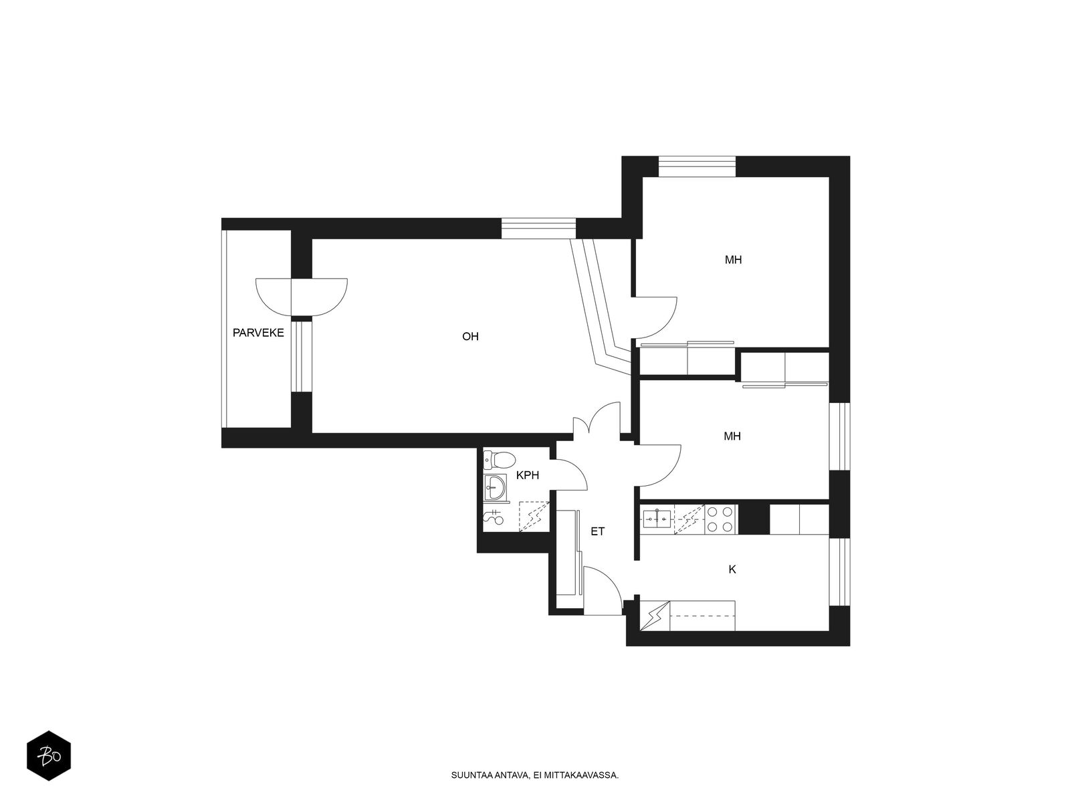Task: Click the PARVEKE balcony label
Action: (x=258, y=333)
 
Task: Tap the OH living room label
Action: (x=470, y=337)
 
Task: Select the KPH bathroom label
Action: (x=528, y=476)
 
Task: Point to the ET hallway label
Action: (x=597, y=532)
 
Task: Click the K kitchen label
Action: (x=732, y=570)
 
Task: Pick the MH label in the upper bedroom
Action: (x=733, y=260)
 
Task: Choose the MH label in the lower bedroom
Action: (x=732, y=436)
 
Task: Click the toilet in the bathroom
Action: (x=499, y=459)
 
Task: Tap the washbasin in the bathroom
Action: (x=494, y=487)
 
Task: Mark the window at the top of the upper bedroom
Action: (x=697, y=166)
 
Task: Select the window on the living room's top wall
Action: (x=538, y=228)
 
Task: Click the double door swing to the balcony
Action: (x=302, y=297)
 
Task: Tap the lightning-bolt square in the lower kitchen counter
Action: (x=654, y=615)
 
